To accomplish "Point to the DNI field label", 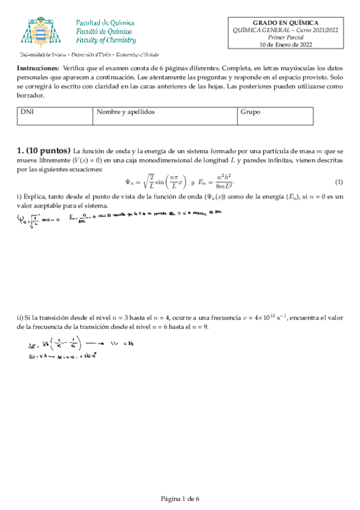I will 26,112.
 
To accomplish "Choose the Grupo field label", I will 250,112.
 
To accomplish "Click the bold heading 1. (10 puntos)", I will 44,150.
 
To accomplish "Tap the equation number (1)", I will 338,182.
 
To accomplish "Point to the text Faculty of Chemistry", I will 106,40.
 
